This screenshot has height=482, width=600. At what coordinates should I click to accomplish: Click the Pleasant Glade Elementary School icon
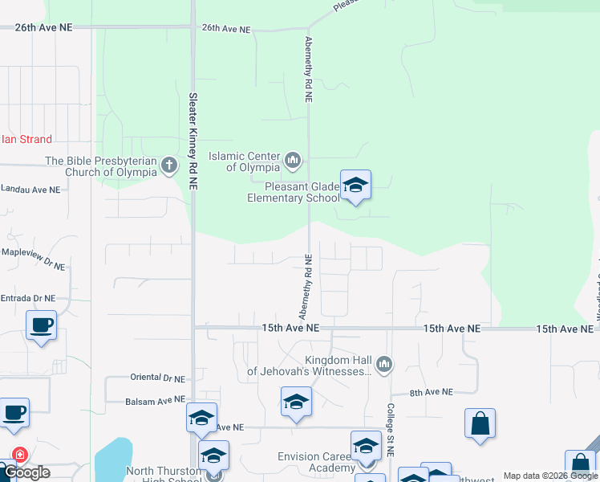(355, 186)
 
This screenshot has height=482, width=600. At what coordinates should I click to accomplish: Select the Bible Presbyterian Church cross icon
(168, 166)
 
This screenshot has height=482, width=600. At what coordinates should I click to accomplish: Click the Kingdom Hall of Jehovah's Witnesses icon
(384, 366)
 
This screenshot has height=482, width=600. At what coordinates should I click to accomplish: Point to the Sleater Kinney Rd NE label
(193, 141)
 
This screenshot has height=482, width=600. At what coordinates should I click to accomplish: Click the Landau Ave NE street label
(30, 190)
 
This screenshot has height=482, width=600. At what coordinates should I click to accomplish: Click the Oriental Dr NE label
(156, 378)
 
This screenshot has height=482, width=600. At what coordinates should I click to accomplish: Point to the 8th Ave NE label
(432, 392)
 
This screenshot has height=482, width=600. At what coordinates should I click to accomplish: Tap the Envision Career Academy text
(315, 463)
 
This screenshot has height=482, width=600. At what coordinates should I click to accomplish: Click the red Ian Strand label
(26, 140)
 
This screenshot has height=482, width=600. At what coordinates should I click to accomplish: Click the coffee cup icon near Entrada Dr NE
(41, 325)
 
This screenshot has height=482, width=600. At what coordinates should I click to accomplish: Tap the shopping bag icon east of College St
(480, 423)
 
